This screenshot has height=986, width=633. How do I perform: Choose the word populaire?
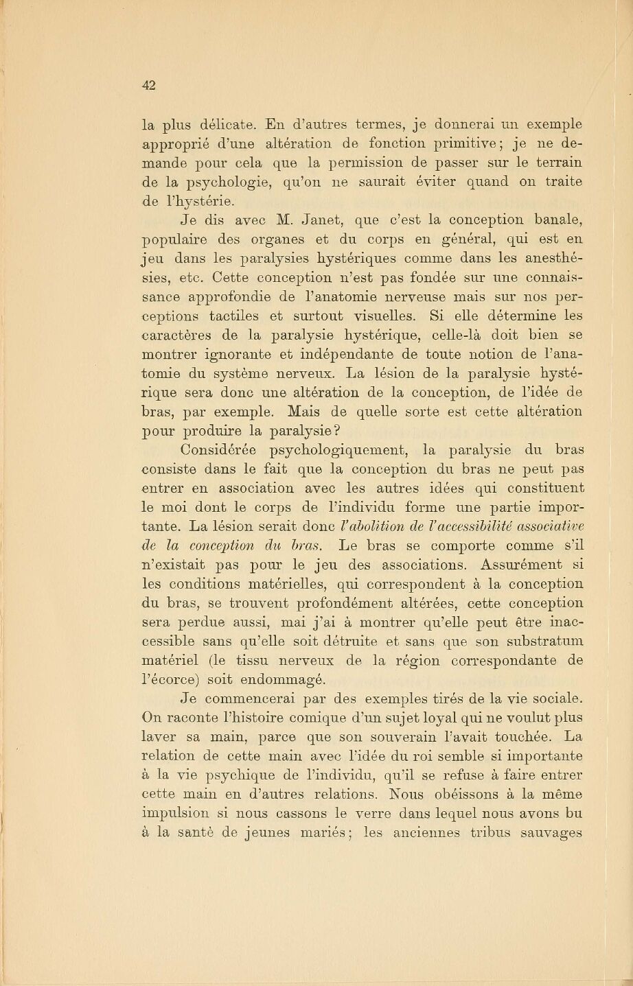[177, 240]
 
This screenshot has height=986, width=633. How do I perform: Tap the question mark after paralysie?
[338, 431]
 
